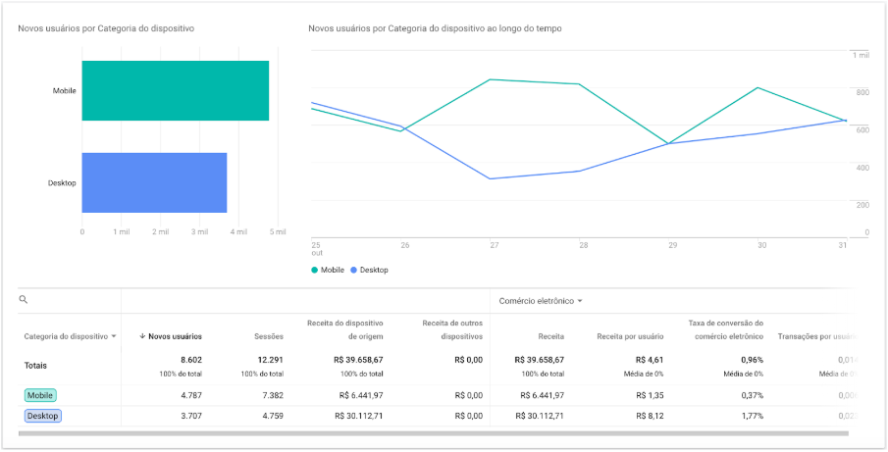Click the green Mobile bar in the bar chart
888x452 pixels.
[x=175, y=91]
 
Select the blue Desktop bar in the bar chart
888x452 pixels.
[x=154, y=182]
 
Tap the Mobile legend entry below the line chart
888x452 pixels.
[x=328, y=270]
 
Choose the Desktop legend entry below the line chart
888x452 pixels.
[x=369, y=270]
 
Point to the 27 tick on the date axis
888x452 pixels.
[x=495, y=244]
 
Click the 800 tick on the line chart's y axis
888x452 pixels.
[x=862, y=92]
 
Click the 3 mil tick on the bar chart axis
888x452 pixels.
[x=199, y=232]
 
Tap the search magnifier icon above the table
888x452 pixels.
[x=24, y=300]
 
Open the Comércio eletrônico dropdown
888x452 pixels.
[x=541, y=301]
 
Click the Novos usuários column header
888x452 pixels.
[x=171, y=336]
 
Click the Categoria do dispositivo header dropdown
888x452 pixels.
[x=70, y=336]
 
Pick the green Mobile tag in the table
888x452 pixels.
[x=41, y=395]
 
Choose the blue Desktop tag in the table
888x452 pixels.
[x=43, y=416]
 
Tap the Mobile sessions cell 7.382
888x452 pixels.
[x=268, y=395]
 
